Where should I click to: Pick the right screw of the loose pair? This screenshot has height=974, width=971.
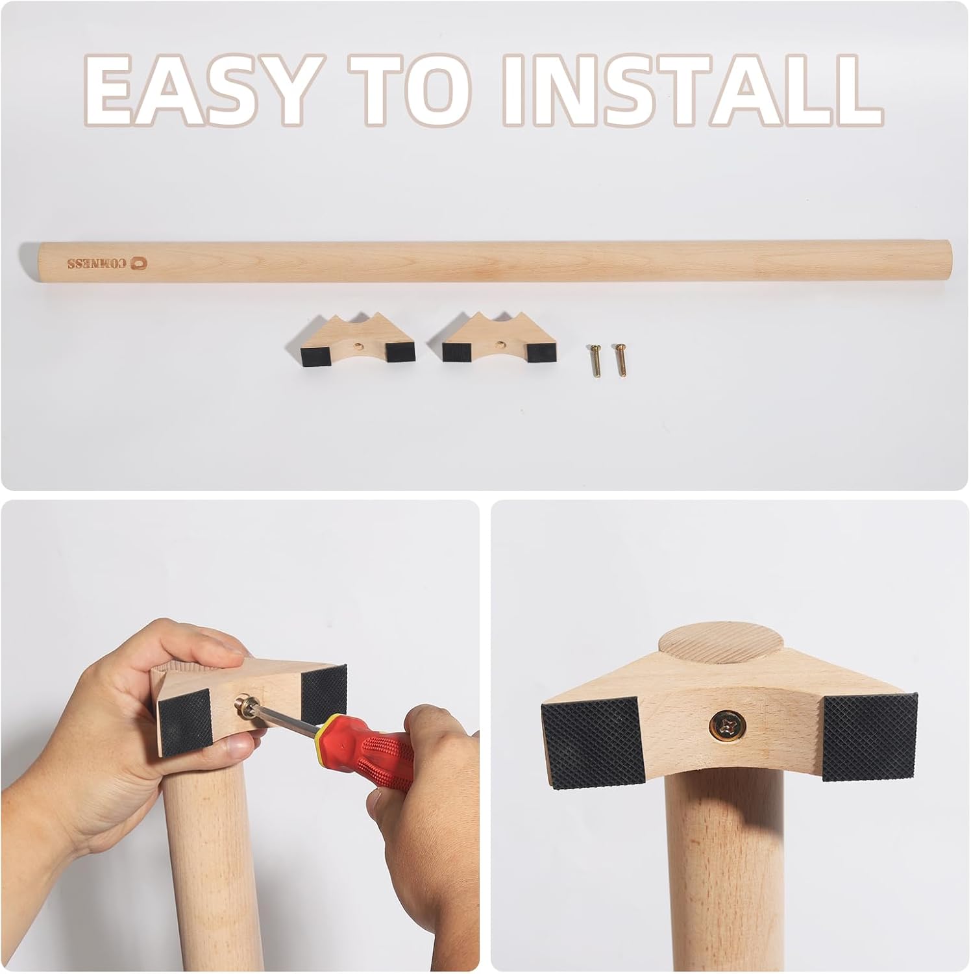tap(619, 359)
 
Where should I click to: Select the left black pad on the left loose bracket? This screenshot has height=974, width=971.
tap(315, 353)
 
